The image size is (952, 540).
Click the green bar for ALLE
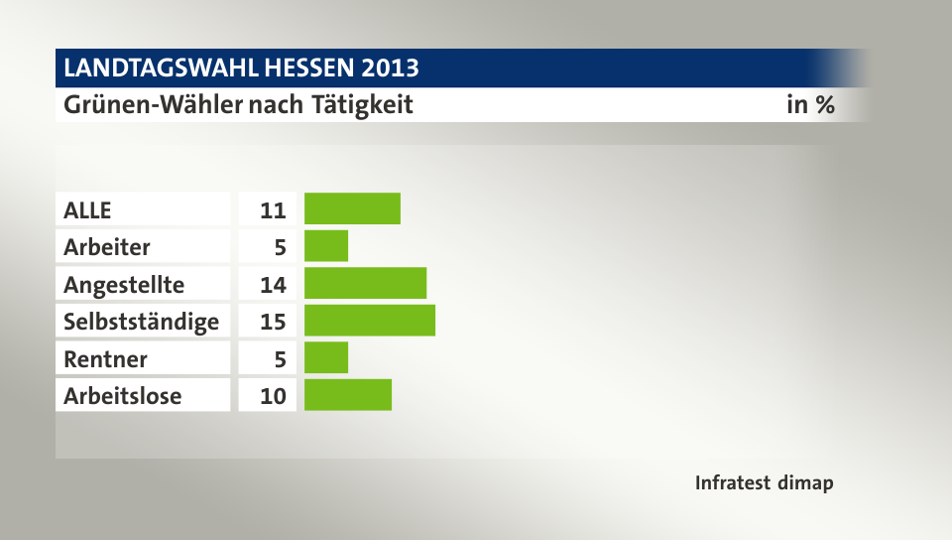pos(352,209)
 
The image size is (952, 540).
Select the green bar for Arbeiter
pos(326,246)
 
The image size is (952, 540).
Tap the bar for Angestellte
pos(365,284)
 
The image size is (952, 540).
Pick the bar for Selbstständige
pos(370,321)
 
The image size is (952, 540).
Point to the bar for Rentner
pos(326,357)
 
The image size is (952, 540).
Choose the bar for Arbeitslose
pos(348,395)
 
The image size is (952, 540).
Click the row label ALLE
pos(88,210)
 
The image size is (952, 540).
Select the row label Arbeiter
pos(107,247)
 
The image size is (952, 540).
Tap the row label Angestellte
pos(124,285)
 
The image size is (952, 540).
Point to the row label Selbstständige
pos(141,322)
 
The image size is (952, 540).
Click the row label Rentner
pos(105,358)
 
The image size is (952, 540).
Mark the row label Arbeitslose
pos(123,396)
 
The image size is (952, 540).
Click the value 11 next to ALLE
pos(273,210)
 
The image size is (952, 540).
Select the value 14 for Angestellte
pos(273,285)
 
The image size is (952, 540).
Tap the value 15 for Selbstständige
pos(273,322)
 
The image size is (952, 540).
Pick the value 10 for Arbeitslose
pos(273,396)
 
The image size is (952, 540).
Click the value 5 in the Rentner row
pos(280,358)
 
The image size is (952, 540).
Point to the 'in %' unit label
pos(810,104)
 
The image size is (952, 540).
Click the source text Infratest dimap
pos(764,483)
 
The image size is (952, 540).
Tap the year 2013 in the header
pos(390,68)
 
